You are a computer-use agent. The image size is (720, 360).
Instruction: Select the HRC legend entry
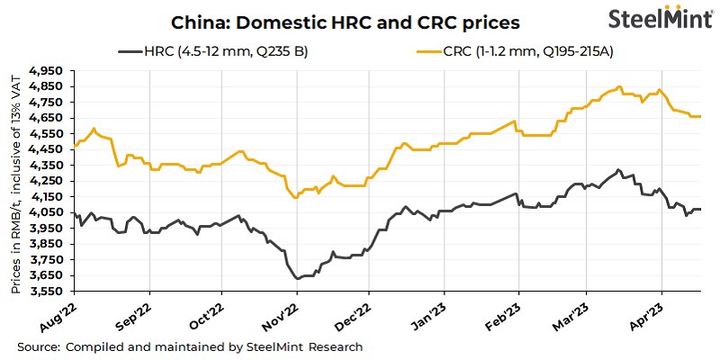point(213,50)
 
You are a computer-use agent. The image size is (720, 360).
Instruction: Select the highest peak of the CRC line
point(620,87)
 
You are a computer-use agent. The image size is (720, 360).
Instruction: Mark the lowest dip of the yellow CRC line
point(295,198)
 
